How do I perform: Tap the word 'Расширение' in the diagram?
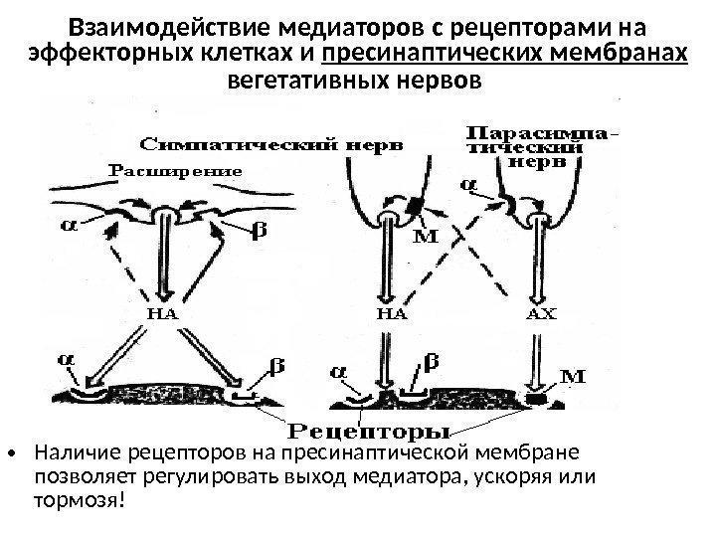(x=175, y=170)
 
